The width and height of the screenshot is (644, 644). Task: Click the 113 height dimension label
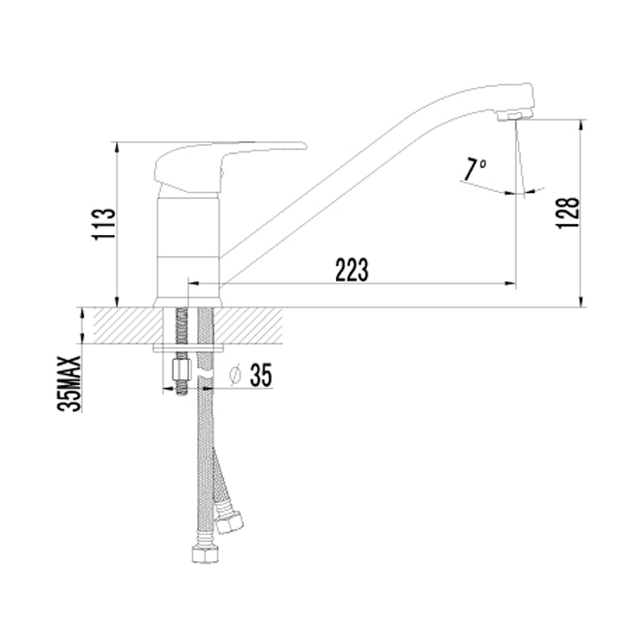click(x=104, y=225)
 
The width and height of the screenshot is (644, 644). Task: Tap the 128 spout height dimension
click(x=568, y=213)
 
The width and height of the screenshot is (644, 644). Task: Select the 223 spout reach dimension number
click(x=352, y=270)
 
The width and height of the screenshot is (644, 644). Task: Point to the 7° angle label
click(x=474, y=169)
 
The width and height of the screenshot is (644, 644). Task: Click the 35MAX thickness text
click(x=69, y=383)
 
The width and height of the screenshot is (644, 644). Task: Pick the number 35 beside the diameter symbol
click(x=261, y=374)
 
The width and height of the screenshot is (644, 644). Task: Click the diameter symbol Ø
click(x=235, y=374)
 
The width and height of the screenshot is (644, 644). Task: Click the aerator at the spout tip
click(x=512, y=117)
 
